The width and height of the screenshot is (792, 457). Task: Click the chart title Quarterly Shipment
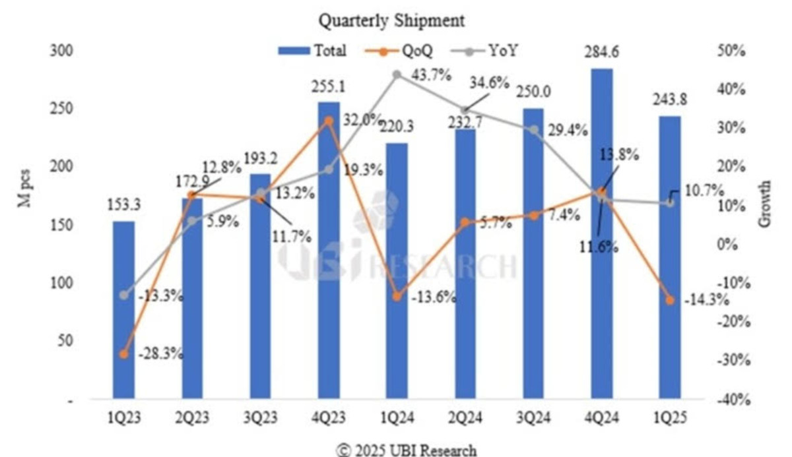tap(392, 20)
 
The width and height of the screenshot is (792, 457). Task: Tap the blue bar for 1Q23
tap(123, 310)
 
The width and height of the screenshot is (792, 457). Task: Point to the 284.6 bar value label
tap(601, 52)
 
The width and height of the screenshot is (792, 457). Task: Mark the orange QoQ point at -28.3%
tap(123, 354)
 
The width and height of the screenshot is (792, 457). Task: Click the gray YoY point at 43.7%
tap(397, 75)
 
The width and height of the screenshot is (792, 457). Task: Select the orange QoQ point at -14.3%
tap(670, 300)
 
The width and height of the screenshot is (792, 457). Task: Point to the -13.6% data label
tap(433, 297)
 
